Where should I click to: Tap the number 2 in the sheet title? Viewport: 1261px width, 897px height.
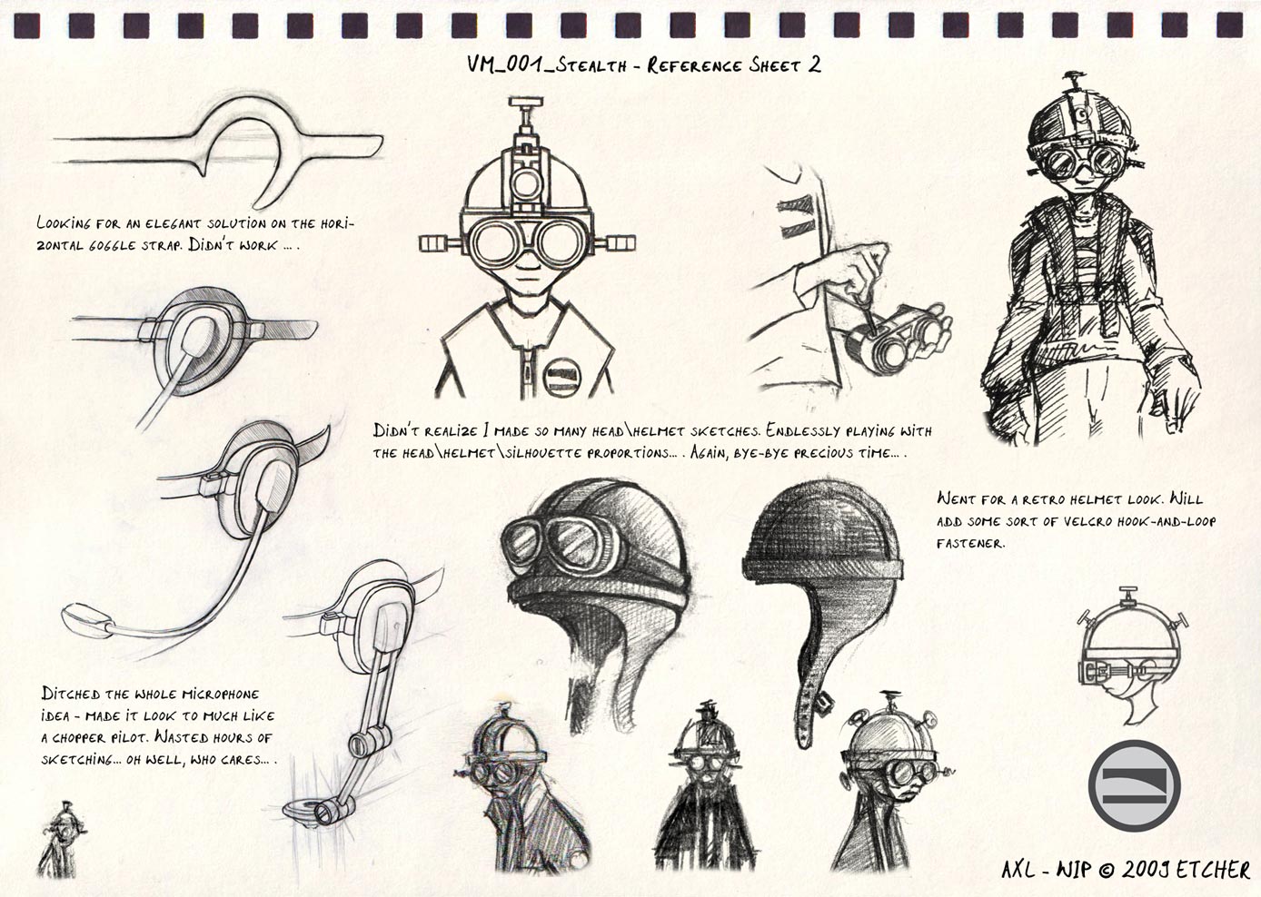[x=814, y=64]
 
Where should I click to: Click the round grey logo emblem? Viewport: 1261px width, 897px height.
[x=1134, y=784]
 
